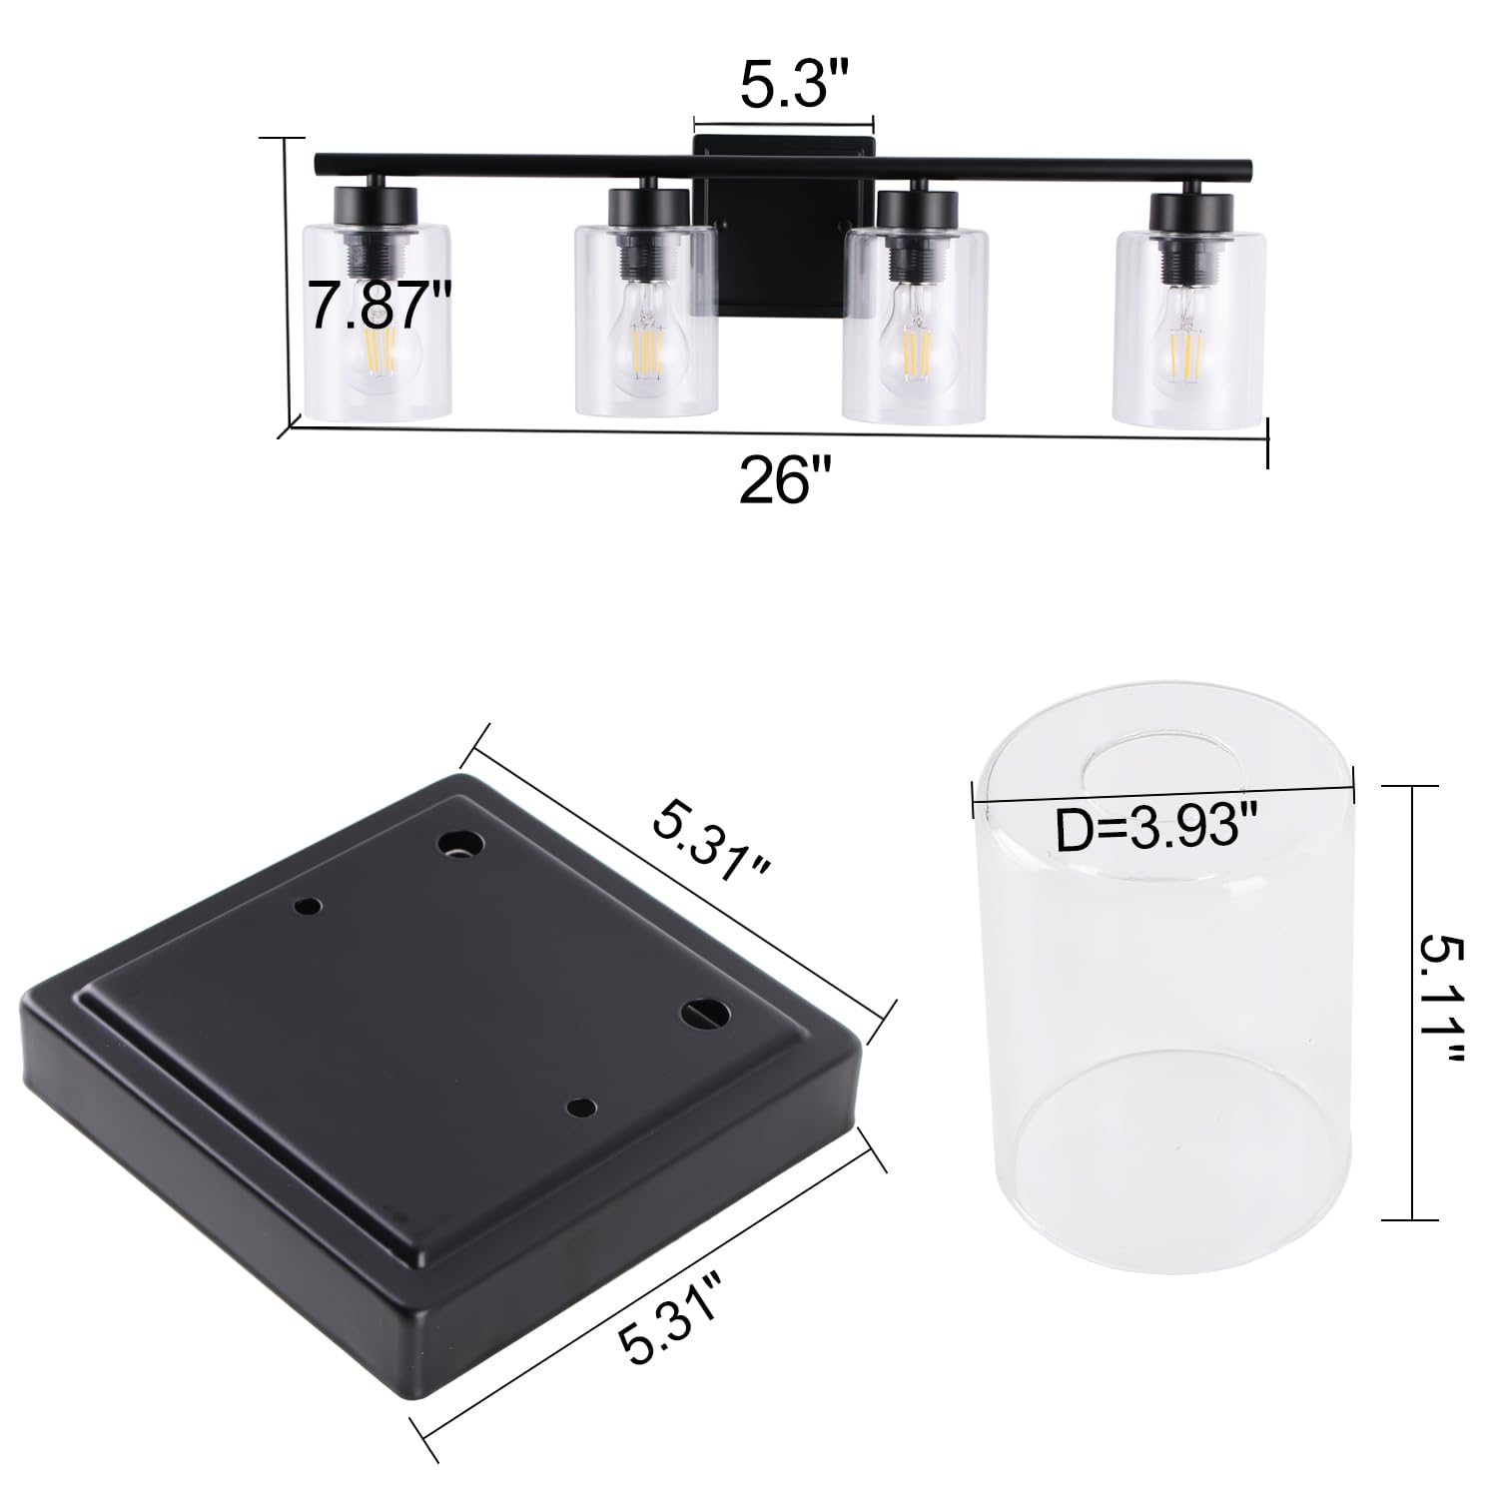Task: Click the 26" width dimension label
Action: click(x=785, y=482)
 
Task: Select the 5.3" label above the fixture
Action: click(x=785, y=87)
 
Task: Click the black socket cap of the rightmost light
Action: click(x=1188, y=212)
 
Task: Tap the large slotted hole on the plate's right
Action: click(x=705, y=1011)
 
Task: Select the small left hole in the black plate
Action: click(x=308, y=907)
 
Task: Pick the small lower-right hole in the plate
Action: click(x=579, y=1107)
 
